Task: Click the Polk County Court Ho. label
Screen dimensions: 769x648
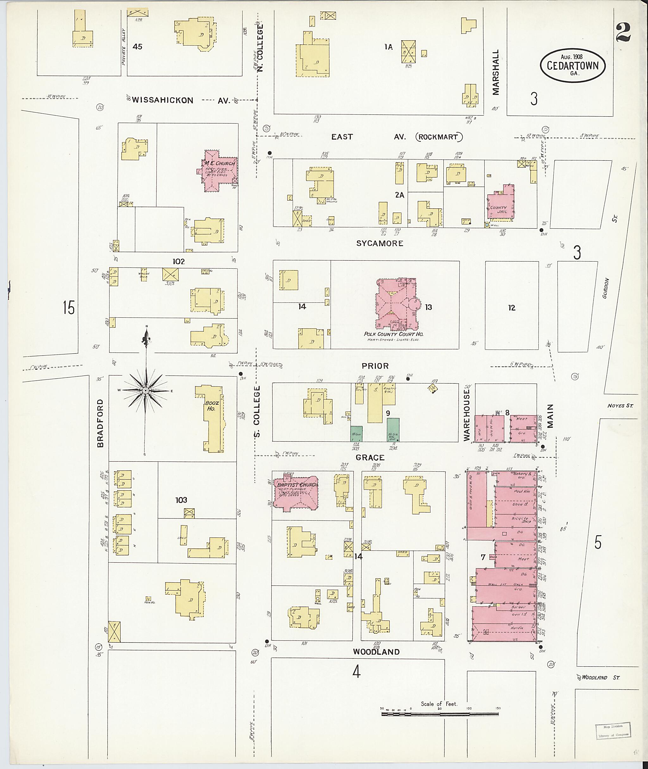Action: point(393,334)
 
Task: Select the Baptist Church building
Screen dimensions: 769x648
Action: point(296,495)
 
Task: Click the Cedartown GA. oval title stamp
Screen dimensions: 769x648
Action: point(572,66)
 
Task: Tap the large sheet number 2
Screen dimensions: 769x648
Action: point(623,32)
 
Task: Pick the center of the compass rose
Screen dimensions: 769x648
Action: point(146,390)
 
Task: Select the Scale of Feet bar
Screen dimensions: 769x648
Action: point(440,714)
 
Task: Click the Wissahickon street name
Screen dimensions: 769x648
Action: point(162,100)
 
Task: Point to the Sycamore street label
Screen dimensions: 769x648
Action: point(380,243)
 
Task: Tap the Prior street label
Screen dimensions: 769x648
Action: point(375,366)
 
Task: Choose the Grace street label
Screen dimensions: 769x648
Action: point(370,458)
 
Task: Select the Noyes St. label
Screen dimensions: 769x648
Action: point(620,406)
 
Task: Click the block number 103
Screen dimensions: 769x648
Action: point(181,500)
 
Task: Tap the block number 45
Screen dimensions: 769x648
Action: point(137,47)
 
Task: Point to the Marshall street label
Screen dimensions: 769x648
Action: point(496,72)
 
